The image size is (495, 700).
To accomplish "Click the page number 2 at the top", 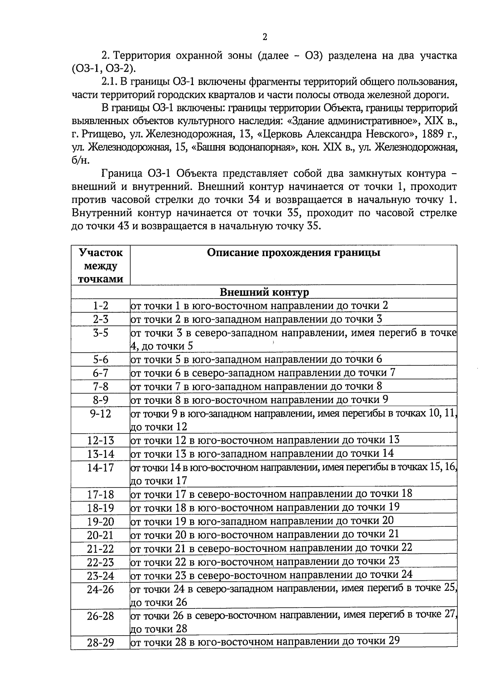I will pos(265,37).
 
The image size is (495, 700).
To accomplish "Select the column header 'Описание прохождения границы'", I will pos(293,252).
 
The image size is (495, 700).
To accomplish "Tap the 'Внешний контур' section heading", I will pos(264,292).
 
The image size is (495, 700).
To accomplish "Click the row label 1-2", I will pos(100,306).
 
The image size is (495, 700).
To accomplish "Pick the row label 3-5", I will pos(100,333).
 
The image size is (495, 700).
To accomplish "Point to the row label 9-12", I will pos(100,414).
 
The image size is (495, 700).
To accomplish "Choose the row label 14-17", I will pos(100,468).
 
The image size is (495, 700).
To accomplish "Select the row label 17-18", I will pos(100,495).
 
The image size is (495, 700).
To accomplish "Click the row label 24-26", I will pos(100,589).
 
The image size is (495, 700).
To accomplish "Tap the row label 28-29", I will pos(100,643).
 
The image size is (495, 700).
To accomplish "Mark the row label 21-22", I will pos(100,549).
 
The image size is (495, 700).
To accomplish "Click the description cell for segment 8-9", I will pos(259,400).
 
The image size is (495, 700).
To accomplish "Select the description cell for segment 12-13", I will pos(265,440).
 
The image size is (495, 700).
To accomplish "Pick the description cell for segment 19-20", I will pos(262,521).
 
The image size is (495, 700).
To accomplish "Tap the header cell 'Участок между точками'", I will pos(101,265).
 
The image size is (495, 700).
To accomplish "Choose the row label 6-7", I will pos(100,373).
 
